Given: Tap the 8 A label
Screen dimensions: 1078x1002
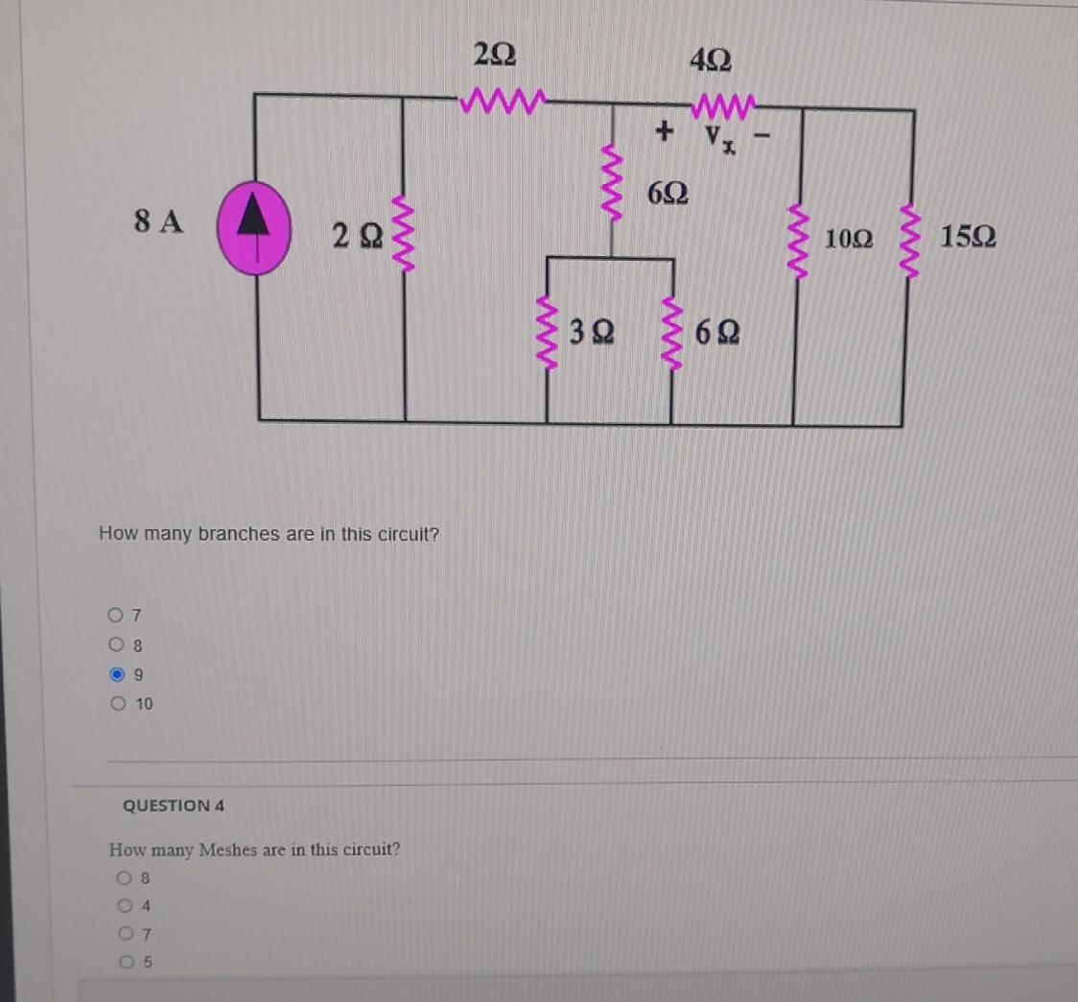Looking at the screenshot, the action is click(158, 222).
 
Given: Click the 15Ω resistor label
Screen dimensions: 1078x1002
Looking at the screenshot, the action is click(968, 237).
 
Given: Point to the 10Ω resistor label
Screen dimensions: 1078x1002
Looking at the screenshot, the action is click(849, 239).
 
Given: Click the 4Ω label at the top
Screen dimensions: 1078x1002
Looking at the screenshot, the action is click(711, 61).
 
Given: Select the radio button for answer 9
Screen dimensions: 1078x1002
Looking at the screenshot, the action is click(117, 674).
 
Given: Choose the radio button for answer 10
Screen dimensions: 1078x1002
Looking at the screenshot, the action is click(117, 704).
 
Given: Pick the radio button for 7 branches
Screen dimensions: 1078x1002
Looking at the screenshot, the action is click(117, 614).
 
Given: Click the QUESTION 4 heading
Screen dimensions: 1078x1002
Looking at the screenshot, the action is click(174, 805).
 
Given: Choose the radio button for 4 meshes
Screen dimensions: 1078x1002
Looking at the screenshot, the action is click(126, 905).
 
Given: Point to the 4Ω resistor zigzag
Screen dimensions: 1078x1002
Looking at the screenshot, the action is click(723, 102).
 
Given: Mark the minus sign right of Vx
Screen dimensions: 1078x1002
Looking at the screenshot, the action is click(764, 138).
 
